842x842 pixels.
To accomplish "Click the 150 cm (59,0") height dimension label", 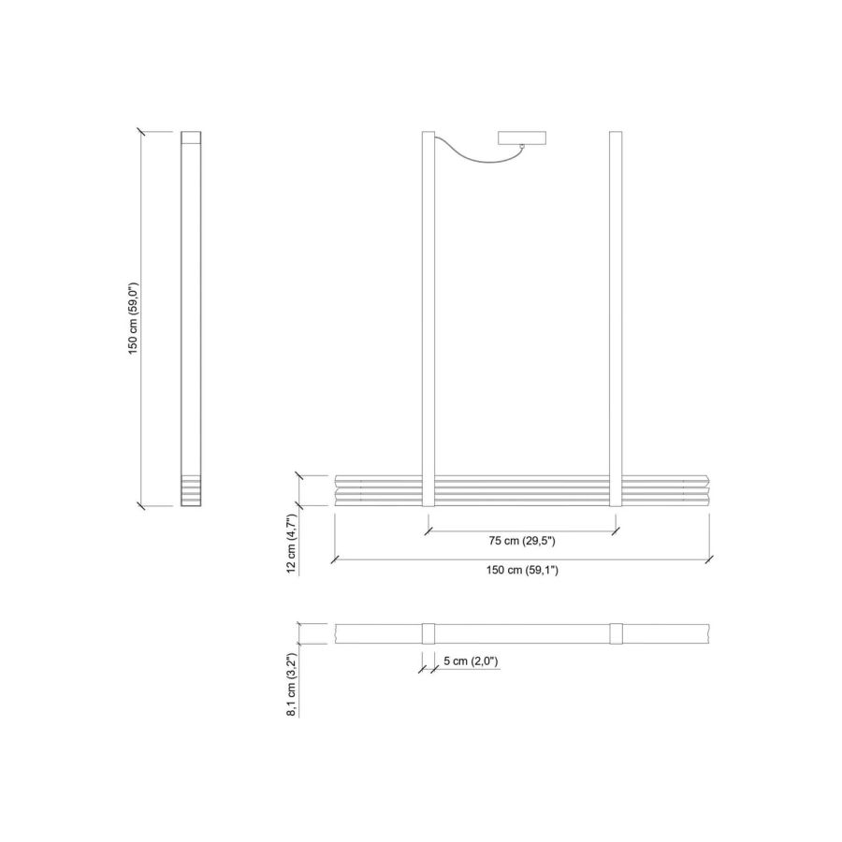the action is pyautogui.click(x=133, y=318).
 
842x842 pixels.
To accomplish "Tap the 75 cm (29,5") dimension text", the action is pyautogui.click(x=522, y=541).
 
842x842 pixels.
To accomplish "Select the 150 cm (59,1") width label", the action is pyautogui.click(x=522, y=571).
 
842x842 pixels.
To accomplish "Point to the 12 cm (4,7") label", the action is pyautogui.click(x=292, y=544).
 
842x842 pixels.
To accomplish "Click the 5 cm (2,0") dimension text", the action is pyautogui.click(x=471, y=661).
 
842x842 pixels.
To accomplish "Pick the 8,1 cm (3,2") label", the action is pyautogui.click(x=292, y=685).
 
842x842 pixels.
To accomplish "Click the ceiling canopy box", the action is pyautogui.click(x=522, y=138).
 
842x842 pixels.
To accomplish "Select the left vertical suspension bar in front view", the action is pyautogui.click(x=428, y=318).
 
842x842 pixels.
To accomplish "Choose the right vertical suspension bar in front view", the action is pyautogui.click(x=616, y=318).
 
